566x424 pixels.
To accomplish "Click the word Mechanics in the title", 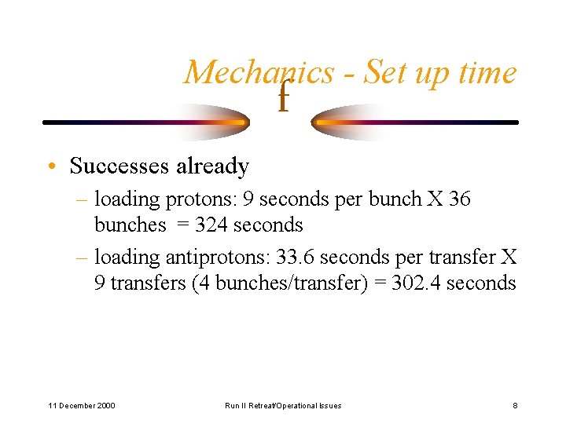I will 259,73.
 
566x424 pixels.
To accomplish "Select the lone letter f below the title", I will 283,98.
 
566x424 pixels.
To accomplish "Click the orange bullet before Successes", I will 50,167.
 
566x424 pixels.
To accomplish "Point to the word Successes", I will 119,166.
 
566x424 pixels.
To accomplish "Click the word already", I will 212,166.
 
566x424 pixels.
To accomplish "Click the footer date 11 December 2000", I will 82,405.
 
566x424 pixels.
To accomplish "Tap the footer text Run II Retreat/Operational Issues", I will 283,405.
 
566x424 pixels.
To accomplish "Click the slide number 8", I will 514,405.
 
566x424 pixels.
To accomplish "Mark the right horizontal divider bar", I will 417,122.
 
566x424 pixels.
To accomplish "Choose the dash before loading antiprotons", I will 83,257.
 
